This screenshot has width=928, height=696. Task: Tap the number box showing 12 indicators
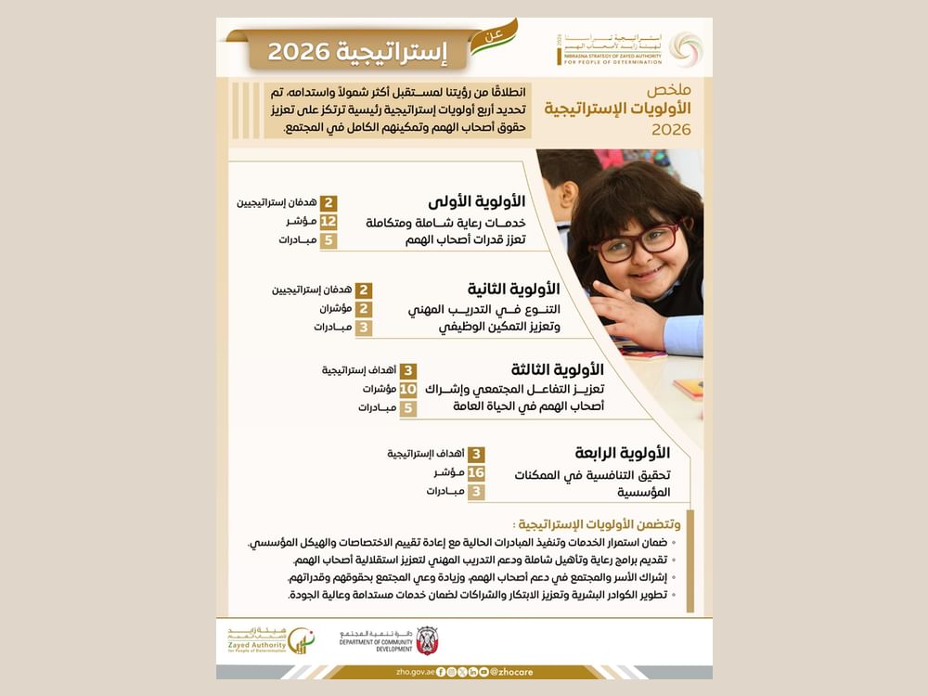pos(329,221)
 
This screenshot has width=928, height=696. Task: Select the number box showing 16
pos(476,472)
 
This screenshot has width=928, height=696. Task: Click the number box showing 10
pos(408,389)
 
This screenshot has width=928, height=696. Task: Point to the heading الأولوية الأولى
pos(477,201)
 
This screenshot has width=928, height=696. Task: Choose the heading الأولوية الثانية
pos(512,289)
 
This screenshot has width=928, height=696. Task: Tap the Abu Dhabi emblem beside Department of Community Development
pos(426,639)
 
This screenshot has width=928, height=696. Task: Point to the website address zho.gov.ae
pos(414,672)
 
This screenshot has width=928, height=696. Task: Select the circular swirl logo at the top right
pos(686,49)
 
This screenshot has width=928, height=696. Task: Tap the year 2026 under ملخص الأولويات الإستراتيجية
pos(671,130)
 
